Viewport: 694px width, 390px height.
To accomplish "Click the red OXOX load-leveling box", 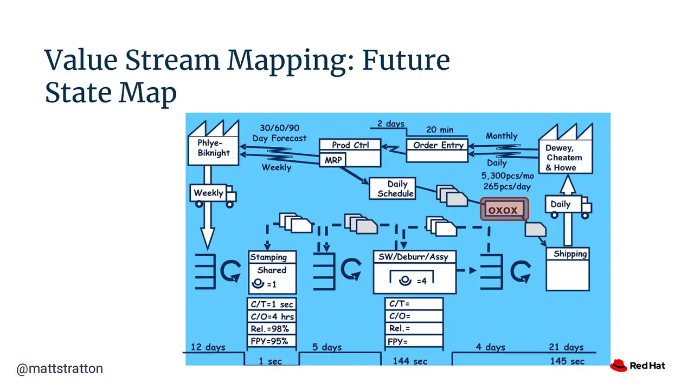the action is point(504,210).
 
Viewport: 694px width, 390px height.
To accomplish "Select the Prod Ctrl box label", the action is point(350,145).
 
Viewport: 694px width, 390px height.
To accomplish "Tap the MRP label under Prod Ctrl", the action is point(333,160).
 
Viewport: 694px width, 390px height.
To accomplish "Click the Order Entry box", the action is point(437,151).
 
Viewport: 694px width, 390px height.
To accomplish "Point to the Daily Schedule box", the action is point(393,188).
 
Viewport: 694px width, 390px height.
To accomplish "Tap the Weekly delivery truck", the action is point(213,196).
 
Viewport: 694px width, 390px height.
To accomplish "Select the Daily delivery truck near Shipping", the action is point(569,207).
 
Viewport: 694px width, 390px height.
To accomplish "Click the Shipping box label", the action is point(570,254).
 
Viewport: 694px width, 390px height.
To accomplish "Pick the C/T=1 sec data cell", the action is point(272,304).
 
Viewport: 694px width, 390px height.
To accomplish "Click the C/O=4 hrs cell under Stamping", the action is point(272,317).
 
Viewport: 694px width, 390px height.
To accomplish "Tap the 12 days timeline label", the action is point(208,347).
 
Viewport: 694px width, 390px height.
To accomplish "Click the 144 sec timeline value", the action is point(410,361).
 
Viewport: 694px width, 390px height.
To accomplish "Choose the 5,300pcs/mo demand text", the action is point(507,176).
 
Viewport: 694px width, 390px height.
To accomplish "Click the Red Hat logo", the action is point(637,366).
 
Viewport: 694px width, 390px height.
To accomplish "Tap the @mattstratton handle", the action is point(60,369).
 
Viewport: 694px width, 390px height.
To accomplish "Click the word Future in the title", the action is point(406,60).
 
